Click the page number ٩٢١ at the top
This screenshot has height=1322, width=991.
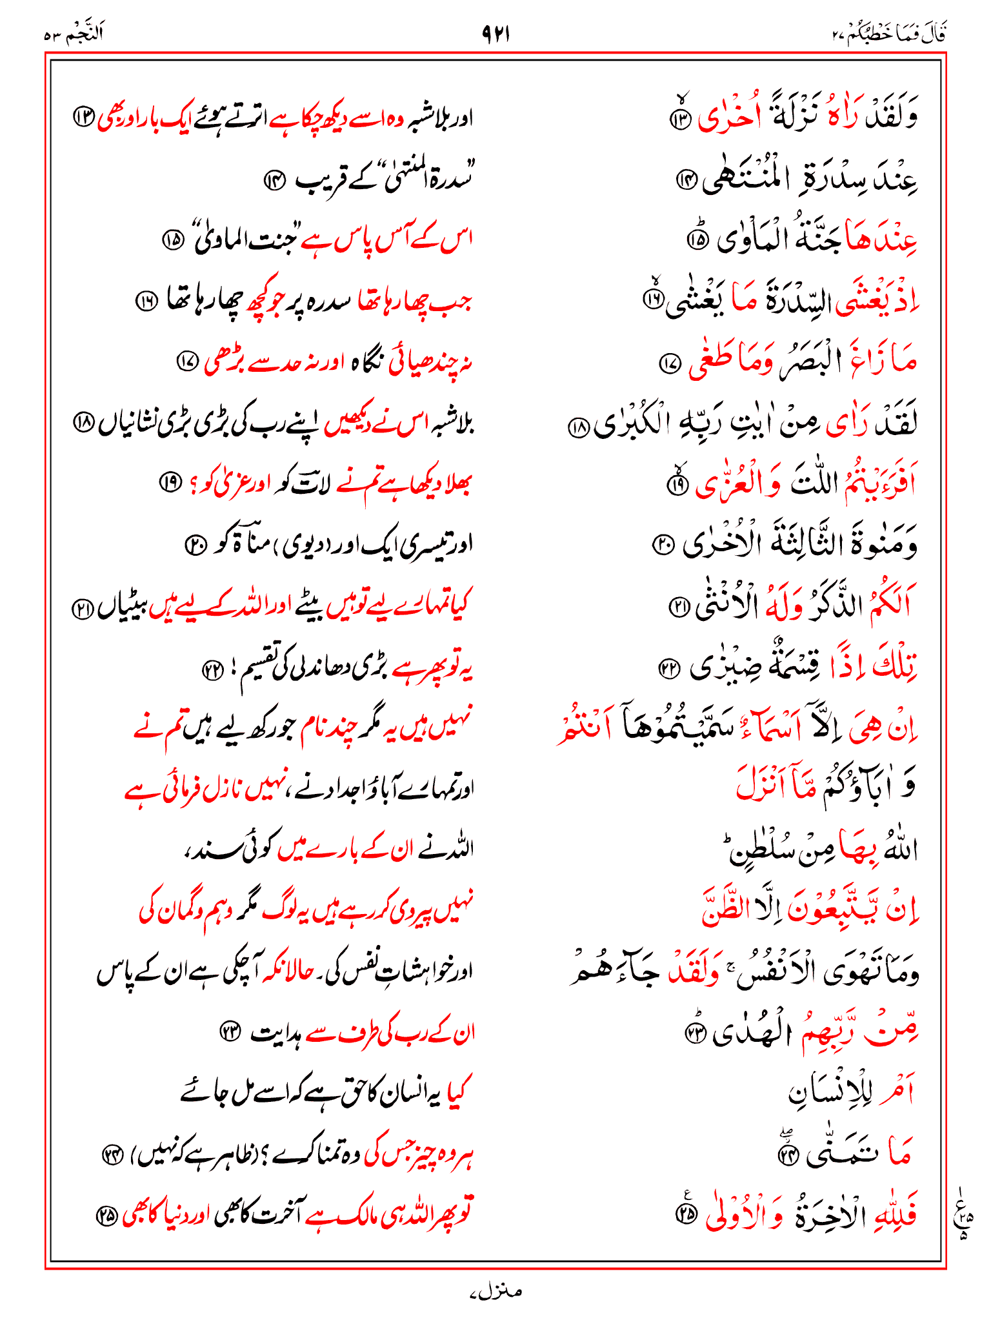[x=495, y=34]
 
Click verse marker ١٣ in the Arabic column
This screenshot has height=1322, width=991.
[x=681, y=119]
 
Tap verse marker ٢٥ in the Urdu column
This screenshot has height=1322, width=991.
[x=106, y=1216]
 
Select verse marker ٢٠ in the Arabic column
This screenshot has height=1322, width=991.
[x=663, y=545]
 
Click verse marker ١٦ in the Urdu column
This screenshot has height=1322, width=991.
[x=146, y=301]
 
